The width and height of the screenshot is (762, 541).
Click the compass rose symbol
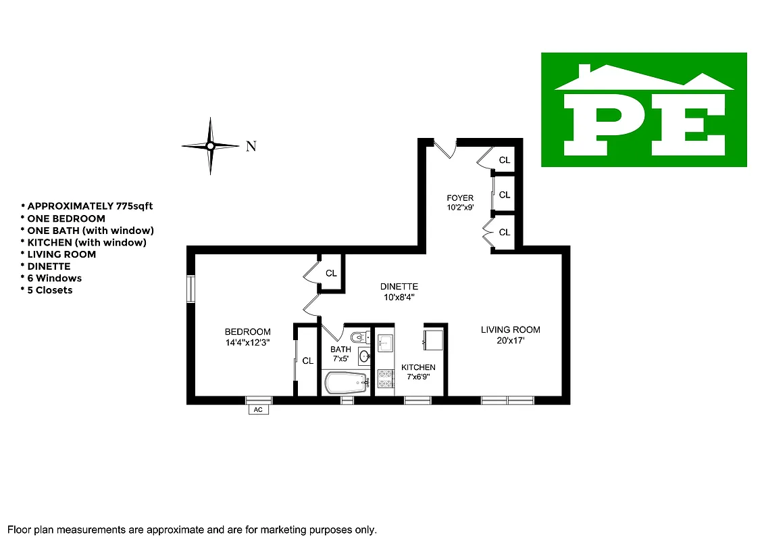click(210, 145)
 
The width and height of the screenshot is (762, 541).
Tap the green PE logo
click(644, 110)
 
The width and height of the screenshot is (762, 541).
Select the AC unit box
click(258, 410)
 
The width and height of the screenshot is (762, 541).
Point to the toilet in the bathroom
click(359, 337)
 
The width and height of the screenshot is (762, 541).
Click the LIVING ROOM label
click(510, 330)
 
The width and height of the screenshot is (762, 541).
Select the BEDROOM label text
click(248, 332)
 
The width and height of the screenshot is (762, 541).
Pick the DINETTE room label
click(399, 287)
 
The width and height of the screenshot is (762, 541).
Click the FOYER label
click(459, 198)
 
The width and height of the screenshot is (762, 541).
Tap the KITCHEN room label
click(418, 367)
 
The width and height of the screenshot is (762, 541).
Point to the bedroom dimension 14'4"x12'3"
click(248, 343)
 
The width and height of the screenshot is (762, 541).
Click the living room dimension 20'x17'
click(510, 341)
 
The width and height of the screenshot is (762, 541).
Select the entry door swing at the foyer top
click(445, 147)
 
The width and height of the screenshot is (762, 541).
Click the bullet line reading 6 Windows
click(51, 278)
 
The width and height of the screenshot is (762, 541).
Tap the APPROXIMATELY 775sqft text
click(92, 206)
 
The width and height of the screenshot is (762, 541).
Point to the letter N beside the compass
click(251, 146)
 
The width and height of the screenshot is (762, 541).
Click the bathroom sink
click(364, 356)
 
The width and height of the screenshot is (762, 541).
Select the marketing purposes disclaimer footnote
click(192, 530)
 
